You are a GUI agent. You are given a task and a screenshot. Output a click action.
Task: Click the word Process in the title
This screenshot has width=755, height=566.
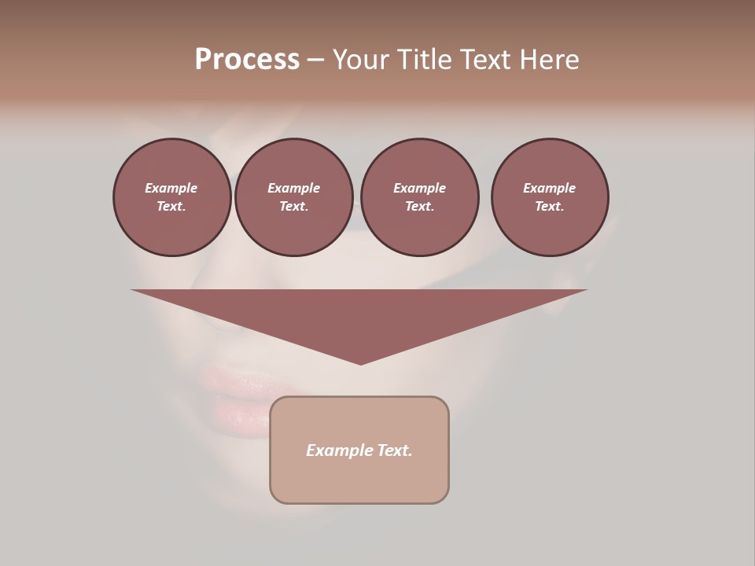click(247, 60)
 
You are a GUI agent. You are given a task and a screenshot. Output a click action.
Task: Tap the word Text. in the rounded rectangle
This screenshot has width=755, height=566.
click(394, 450)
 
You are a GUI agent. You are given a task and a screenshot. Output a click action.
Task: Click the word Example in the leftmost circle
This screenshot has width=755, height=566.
click(171, 188)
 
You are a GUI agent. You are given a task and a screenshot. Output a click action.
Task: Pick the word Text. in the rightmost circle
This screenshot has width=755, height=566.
click(549, 206)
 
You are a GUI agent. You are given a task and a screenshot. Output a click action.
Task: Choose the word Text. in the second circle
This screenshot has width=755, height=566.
click(293, 206)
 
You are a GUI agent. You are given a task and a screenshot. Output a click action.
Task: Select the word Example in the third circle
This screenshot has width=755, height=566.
click(419, 188)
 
